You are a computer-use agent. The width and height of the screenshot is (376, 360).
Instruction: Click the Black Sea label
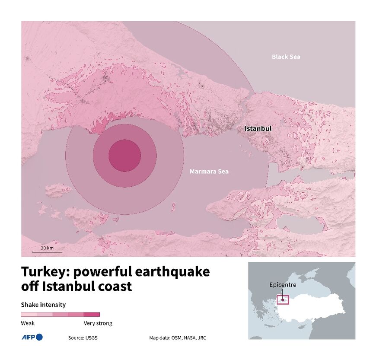pos(286,57)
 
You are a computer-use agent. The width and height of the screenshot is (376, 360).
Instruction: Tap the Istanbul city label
pos(258,129)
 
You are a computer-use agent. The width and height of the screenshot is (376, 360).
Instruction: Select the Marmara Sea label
pos(209,172)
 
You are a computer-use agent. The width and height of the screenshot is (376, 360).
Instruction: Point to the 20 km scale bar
pos(47,250)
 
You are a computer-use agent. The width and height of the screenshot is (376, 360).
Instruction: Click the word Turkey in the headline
pos(45,272)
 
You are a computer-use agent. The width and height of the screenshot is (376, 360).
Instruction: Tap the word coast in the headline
pos(114,287)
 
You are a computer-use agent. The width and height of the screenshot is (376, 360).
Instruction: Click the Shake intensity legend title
pos(43,305)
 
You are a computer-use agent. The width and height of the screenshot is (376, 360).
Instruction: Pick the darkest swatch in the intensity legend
pos(92,315)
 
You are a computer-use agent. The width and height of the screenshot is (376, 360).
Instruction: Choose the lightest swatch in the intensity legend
pos(29,315)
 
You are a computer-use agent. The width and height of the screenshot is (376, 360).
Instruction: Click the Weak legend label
pos(28,323)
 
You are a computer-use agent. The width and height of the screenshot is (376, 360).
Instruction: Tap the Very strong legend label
pos(98,323)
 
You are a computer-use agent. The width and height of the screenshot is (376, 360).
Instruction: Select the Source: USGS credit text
pos(83,338)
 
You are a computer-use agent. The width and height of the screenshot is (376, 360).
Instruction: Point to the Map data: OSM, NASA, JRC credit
pos(178,338)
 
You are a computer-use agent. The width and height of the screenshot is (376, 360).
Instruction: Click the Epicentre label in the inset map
pos(283,285)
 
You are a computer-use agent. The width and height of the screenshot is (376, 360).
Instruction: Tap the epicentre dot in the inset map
pos(283,299)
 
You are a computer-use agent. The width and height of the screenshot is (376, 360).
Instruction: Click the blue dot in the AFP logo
pos(39,337)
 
